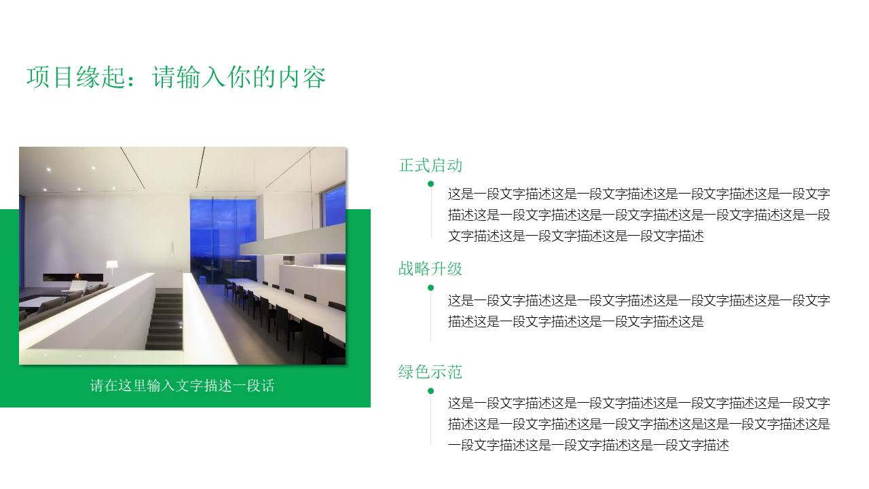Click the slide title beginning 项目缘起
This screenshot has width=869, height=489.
[x=177, y=77]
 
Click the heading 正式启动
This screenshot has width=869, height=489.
[x=430, y=165]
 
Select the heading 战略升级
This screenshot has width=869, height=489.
[x=430, y=269]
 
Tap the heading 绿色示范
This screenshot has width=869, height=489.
[x=430, y=372]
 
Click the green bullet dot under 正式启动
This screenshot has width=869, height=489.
[x=430, y=183]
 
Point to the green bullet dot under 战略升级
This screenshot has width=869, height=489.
[x=430, y=287]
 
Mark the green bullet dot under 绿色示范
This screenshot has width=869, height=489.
[x=430, y=391]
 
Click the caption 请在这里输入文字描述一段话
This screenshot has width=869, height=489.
[x=182, y=386]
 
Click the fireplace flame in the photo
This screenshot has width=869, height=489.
[x=77, y=276]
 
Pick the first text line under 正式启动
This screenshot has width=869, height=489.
[x=638, y=194]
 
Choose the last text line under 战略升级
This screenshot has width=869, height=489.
[x=576, y=321]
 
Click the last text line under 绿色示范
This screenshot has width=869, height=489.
[x=588, y=446]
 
